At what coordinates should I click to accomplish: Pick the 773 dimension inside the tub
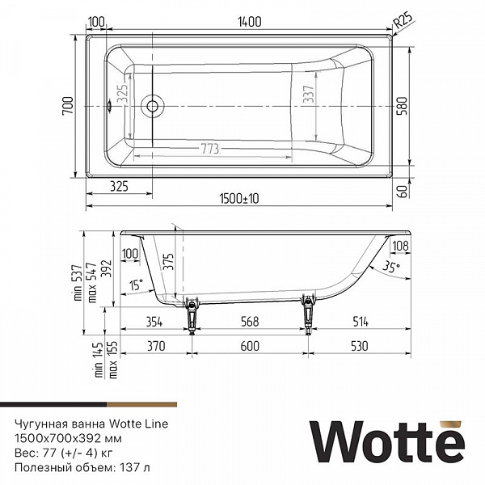(211, 148)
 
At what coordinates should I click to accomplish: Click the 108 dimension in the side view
(399, 246)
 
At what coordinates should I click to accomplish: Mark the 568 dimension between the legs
(249, 322)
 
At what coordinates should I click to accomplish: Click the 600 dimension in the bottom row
(249, 346)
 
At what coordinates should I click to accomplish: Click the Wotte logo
(388, 444)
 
